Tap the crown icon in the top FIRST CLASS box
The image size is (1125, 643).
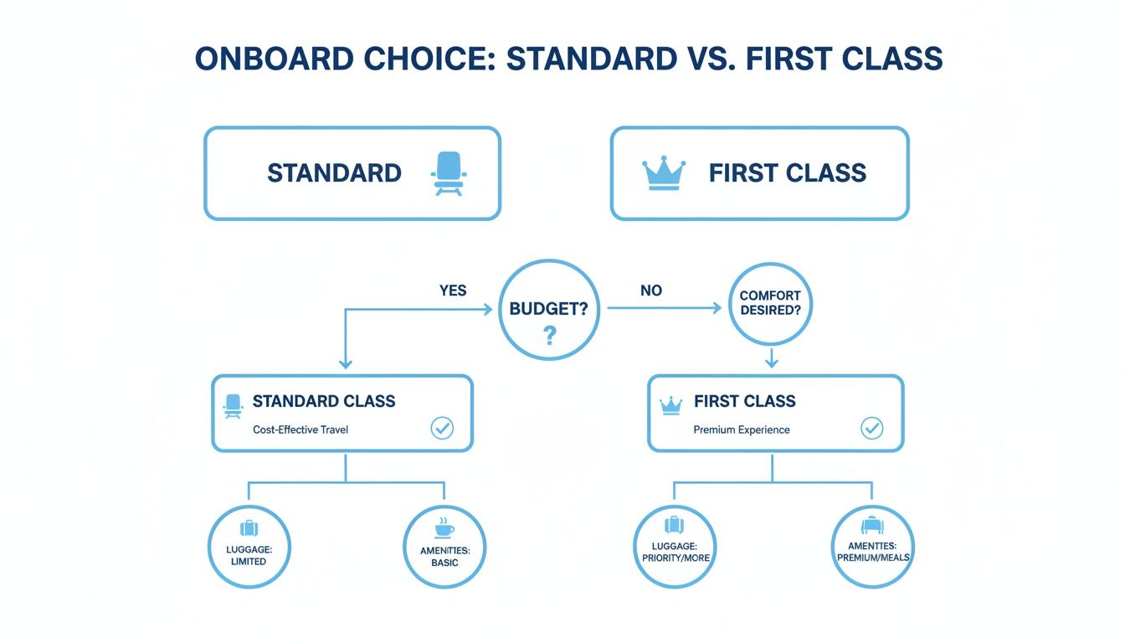(663, 173)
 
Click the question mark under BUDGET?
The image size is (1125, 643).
(549, 337)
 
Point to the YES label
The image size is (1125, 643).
(453, 291)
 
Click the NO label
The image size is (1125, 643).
(650, 291)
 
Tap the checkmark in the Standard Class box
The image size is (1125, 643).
(442, 429)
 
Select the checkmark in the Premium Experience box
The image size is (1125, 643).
(871, 429)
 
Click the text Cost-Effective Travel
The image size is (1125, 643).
(301, 430)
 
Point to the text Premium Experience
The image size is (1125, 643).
(741, 430)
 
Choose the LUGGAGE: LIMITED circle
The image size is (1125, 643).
(249, 546)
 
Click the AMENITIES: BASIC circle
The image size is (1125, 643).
(444, 546)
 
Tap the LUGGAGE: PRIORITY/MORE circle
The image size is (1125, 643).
(675, 546)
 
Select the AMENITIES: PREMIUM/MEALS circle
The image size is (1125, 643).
(873, 546)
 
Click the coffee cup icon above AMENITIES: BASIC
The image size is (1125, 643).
(443, 528)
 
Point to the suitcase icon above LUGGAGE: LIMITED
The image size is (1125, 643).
(249, 528)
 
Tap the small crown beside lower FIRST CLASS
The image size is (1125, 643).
(670, 404)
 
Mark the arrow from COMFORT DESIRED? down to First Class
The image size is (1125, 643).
(772, 358)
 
